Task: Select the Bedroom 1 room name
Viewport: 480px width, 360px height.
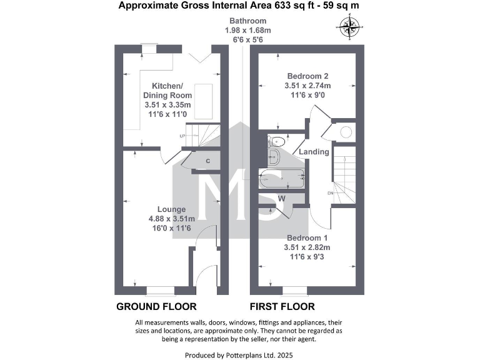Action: tap(307, 239)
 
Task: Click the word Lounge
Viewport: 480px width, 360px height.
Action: tap(171, 209)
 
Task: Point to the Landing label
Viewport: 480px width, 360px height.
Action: tap(314, 152)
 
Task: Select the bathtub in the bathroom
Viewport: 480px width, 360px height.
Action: tap(282, 179)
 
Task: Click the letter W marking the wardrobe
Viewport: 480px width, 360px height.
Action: tap(282, 198)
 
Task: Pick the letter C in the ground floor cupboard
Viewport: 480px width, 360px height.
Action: tap(207, 161)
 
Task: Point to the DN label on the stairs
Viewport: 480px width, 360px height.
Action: tap(330, 193)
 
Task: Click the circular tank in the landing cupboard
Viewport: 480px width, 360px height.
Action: tap(346, 132)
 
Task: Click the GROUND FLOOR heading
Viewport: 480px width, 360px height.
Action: tap(156, 307)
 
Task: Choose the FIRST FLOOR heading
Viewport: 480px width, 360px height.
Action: tap(282, 307)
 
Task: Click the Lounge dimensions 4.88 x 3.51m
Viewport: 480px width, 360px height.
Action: tap(171, 219)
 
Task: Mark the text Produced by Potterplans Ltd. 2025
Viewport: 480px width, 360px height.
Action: tap(240, 355)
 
